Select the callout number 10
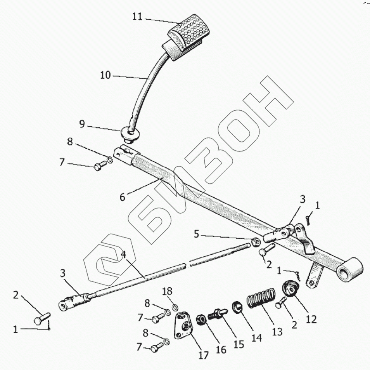105,75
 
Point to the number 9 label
82,124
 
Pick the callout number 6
123,197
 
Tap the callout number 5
197,235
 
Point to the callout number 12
311,319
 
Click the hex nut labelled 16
202,321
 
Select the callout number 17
204,355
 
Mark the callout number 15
238,344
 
